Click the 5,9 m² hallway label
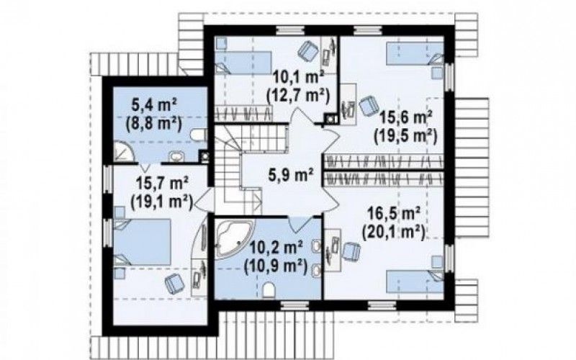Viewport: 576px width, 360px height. (x=291, y=174)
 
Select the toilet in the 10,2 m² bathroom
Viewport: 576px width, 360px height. (x=269, y=290)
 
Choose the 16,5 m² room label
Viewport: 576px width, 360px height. (x=394, y=213)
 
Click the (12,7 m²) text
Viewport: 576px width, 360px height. (x=298, y=95)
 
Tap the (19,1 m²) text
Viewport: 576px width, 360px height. (x=161, y=201)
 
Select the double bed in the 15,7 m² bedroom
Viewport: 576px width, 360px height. (x=142, y=242)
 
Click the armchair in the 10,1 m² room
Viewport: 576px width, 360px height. (x=308, y=50)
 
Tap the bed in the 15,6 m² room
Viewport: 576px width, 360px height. (x=415, y=54)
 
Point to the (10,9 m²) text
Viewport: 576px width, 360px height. (x=276, y=266)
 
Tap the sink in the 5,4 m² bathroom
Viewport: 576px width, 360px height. (x=177, y=157)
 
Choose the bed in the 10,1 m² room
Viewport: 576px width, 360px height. (x=243, y=63)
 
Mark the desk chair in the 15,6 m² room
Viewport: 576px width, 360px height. (x=368, y=105)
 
